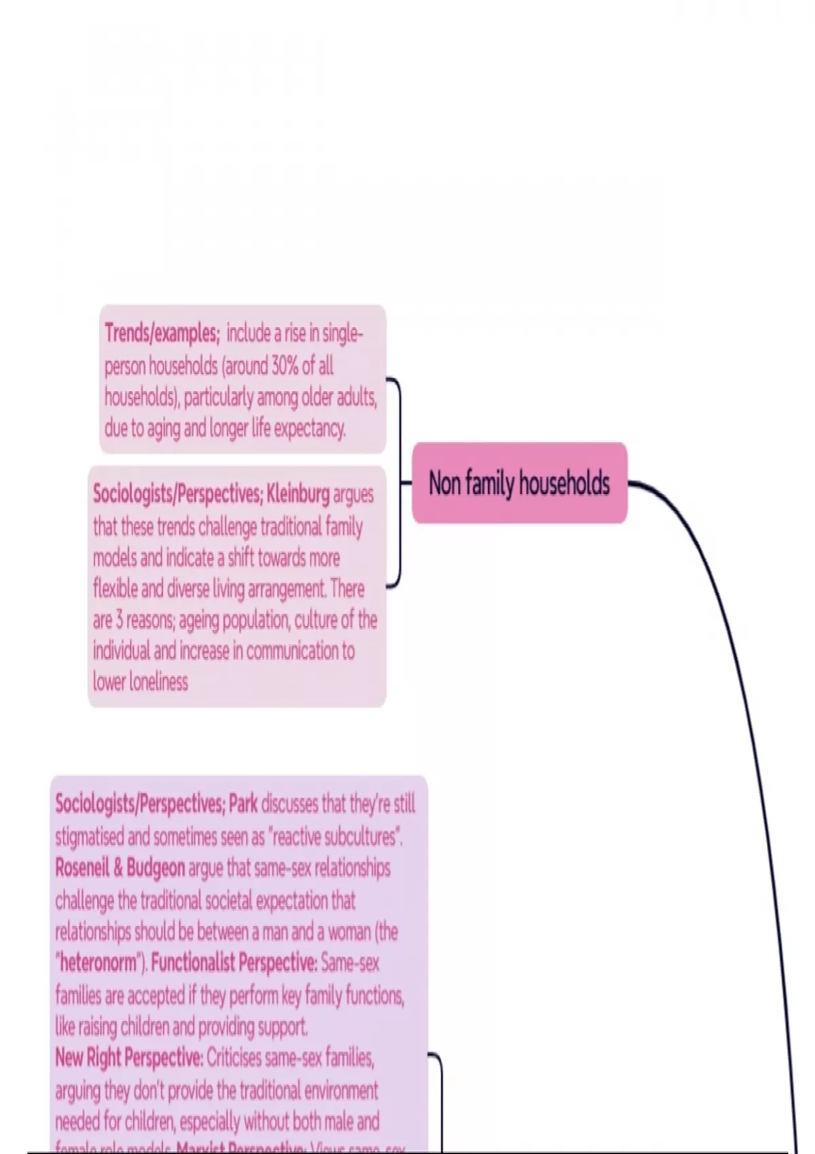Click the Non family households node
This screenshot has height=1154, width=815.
(520, 483)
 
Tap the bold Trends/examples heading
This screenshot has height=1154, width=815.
(162, 333)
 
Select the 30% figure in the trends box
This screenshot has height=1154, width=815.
(285, 366)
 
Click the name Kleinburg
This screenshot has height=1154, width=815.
(298, 494)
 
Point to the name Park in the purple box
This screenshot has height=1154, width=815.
(243, 804)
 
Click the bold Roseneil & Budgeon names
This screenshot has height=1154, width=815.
(120, 868)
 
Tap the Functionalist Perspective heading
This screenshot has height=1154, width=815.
(234, 963)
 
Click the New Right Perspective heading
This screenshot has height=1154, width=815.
(129, 1058)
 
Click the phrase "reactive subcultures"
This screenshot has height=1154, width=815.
(336, 836)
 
